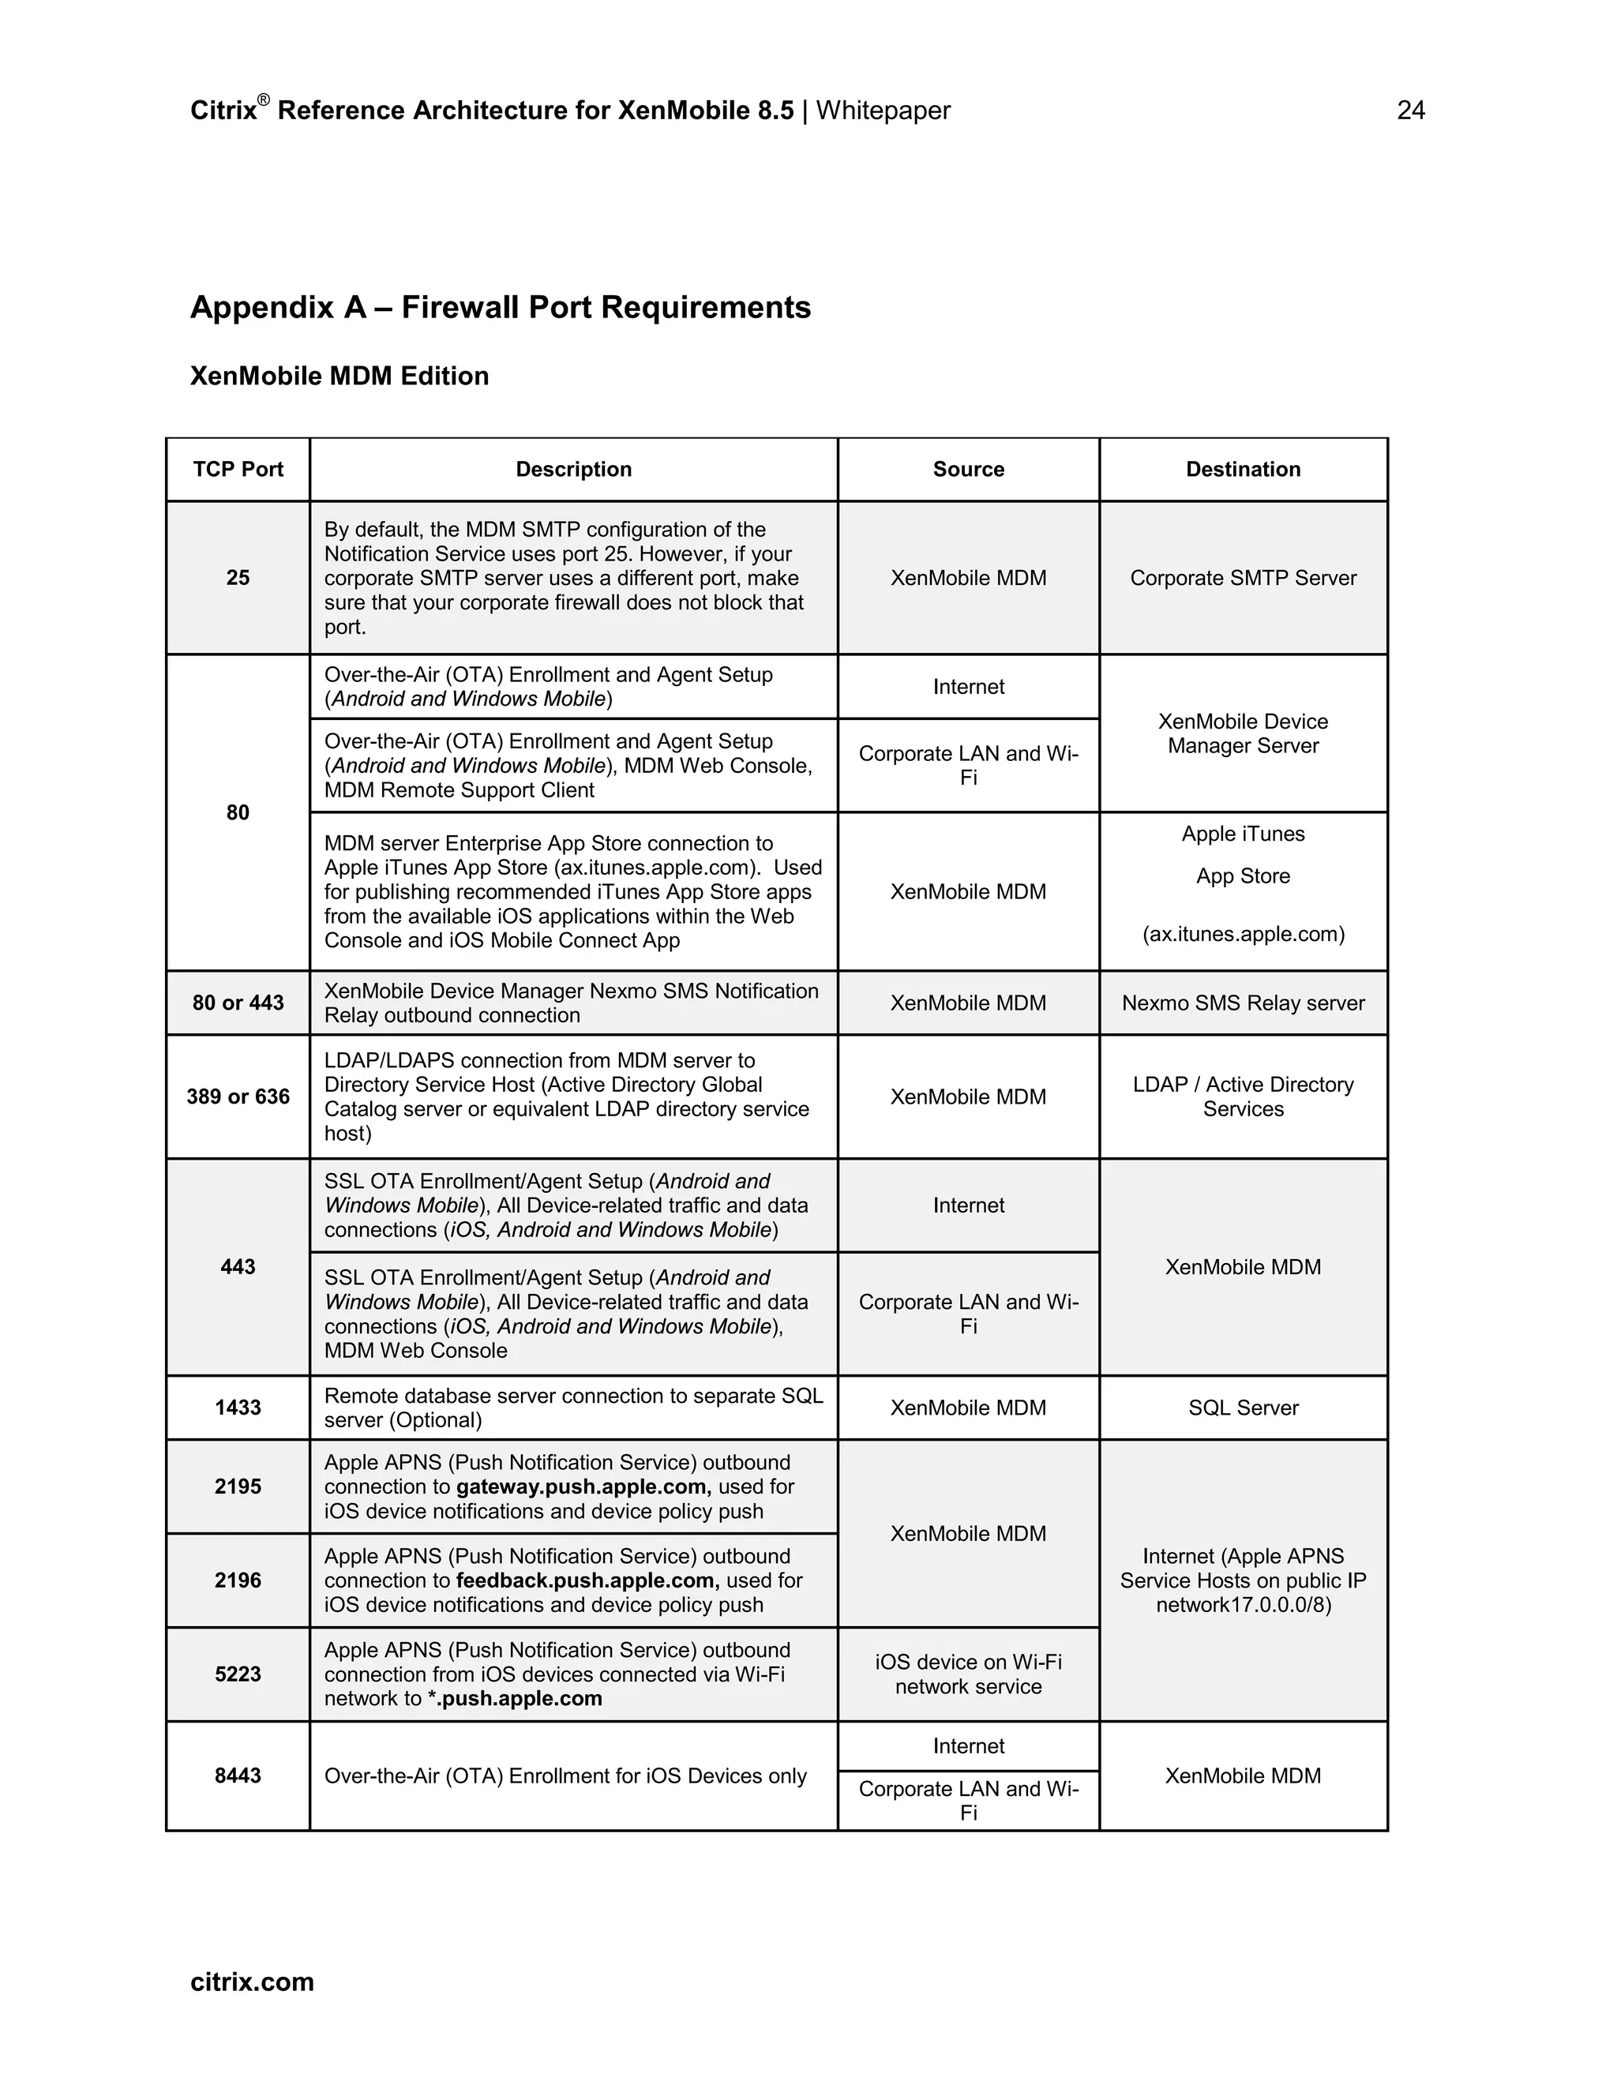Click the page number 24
(x=1410, y=111)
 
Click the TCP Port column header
(x=238, y=470)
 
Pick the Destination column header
(x=1243, y=470)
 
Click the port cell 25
(x=238, y=578)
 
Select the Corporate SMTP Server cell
(x=1243, y=578)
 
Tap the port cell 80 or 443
(x=238, y=1003)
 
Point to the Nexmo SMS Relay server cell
(x=1243, y=1003)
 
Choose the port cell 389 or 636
(x=238, y=1097)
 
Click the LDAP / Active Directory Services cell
(x=1243, y=1097)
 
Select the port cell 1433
(x=238, y=1407)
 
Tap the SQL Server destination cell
(x=1243, y=1407)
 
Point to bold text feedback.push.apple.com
(x=587, y=1580)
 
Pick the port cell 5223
(x=238, y=1674)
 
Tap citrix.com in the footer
(x=252, y=1981)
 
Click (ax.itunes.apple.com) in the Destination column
(x=1243, y=934)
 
